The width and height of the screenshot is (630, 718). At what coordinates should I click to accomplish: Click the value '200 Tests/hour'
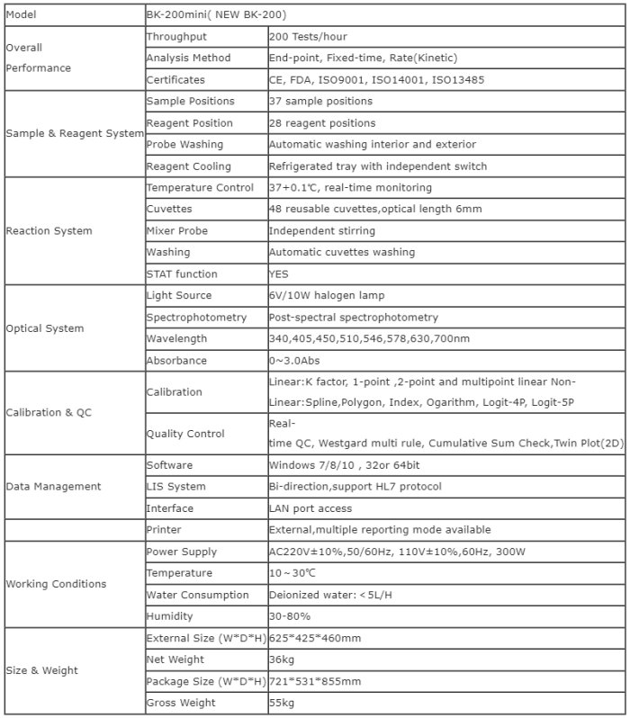pyautogui.click(x=308, y=37)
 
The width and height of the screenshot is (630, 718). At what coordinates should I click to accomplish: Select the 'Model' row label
pyautogui.click(x=24, y=15)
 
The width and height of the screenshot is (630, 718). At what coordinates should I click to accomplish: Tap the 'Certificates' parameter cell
pyautogui.click(x=175, y=80)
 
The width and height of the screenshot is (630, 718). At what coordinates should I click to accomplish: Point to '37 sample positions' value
pyautogui.click(x=320, y=102)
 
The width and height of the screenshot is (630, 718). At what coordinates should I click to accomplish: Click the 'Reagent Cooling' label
pyautogui.click(x=188, y=166)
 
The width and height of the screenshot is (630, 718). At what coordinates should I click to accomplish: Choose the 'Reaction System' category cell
pyautogui.click(x=49, y=231)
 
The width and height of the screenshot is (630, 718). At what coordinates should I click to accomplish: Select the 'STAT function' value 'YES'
pyautogui.click(x=279, y=274)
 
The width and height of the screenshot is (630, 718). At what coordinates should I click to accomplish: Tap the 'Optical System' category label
pyautogui.click(x=45, y=328)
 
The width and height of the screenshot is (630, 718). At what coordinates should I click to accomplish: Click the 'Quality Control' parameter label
pyautogui.click(x=185, y=434)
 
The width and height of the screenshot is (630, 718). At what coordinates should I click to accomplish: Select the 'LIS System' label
pyautogui.click(x=175, y=487)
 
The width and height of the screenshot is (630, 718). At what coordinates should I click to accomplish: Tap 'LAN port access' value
pyautogui.click(x=311, y=508)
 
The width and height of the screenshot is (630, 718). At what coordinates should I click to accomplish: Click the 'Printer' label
pyautogui.click(x=164, y=530)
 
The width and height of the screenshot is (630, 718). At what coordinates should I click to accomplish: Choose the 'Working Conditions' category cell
pyautogui.click(x=56, y=584)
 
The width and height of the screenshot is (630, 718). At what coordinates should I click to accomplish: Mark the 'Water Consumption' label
pyautogui.click(x=197, y=595)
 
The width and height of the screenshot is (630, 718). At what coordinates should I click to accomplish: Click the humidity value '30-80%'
pyautogui.click(x=290, y=616)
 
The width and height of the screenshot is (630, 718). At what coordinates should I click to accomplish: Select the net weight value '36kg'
pyautogui.click(x=281, y=660)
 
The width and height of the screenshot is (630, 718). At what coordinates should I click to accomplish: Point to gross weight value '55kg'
pyautogui.click(x=281, y=703)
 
